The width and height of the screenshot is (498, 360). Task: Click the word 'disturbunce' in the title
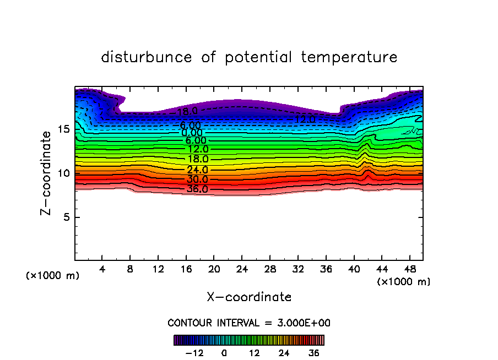147,57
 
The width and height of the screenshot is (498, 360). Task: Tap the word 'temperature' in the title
349,57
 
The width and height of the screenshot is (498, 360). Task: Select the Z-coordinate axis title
47,173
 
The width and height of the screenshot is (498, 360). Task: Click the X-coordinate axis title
249,297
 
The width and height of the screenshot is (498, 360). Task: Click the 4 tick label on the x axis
102,270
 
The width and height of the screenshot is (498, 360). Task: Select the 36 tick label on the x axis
326,270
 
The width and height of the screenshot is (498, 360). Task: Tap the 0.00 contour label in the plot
192,133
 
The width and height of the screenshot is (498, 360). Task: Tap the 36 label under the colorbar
314,353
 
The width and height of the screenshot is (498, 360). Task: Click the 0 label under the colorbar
224,353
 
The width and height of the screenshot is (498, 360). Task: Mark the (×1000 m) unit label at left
53,276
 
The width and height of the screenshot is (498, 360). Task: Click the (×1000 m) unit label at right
404,282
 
